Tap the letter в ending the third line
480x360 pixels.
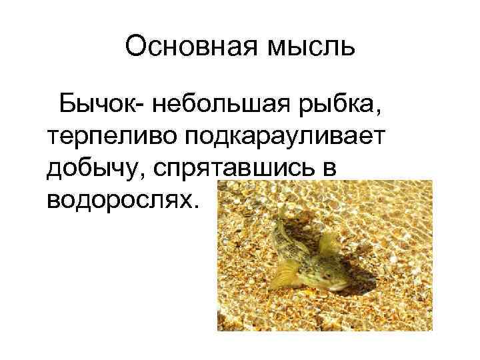click(338, 169)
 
